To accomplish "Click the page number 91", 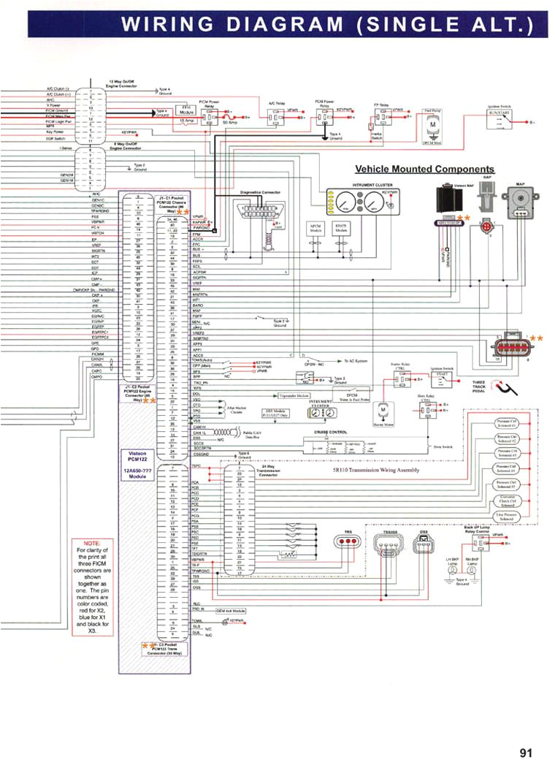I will (x=527, y=753).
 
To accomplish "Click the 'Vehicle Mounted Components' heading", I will (x=424, y=169).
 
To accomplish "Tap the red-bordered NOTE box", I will (x=93, y=585).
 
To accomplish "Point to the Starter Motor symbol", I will (x=383, y=413).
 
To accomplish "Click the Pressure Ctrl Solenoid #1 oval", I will (x=507, y=424).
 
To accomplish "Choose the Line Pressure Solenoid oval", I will (x=507, y=516).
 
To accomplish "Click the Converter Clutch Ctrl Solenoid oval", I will (x=507, y=501).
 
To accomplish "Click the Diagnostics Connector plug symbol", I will (x=260, y=210).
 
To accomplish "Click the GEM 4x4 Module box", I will (x=230, y=609).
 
